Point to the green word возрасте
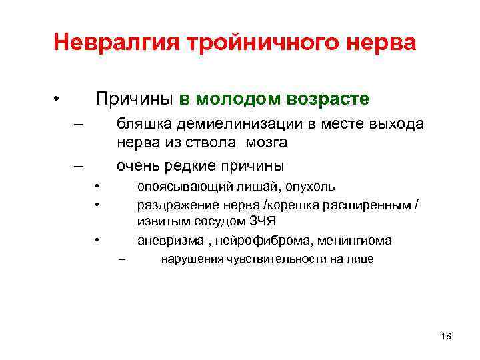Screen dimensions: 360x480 click(x=329, y=99)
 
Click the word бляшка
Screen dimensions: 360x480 click(x=137, y=125)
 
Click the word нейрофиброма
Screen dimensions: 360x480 click(x=247, y=240)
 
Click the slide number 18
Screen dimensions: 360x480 click(x=446, y=336)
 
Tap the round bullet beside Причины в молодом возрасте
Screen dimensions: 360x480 click(x=58, y=100)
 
